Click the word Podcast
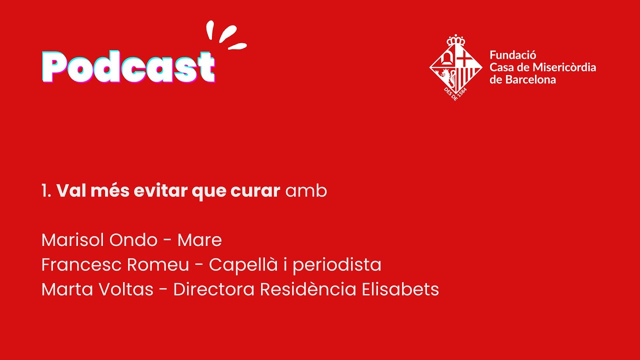[128, 67]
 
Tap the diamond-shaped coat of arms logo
[455, 67]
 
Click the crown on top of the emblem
[455, 40]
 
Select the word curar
[255, 191]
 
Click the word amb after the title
[306, 191]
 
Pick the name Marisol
[73, 240]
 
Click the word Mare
[199, 240]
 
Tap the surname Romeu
[158, 264]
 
